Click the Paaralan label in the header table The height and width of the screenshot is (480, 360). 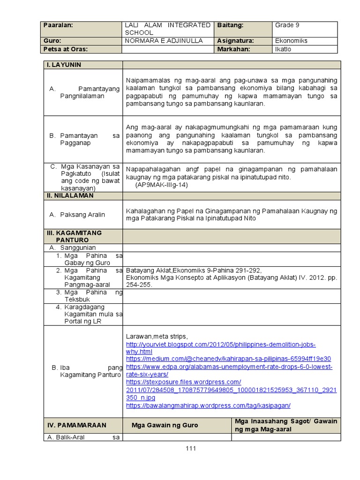(59, 25)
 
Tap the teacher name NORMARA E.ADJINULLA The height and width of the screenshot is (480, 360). (164, 41)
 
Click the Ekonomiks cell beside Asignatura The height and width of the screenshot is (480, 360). (291, 41)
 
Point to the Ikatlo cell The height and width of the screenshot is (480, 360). (283, 49)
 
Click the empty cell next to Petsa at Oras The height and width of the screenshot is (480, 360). (168, 49)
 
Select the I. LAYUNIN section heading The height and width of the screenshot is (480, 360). (64, 65)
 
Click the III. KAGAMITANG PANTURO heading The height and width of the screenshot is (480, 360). (74, 236)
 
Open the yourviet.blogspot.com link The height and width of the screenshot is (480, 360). (220, 344)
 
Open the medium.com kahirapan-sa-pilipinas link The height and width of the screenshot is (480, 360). (228, 359)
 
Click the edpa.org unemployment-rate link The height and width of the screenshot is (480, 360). (229, 367)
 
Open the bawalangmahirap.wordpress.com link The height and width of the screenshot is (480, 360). (208, 405)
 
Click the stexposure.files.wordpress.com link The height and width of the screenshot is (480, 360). (183, 382)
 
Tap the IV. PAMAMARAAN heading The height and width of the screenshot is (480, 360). (77, 425)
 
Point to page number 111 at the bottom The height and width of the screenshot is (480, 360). (190, 448)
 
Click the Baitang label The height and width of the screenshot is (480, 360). (231, 25)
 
